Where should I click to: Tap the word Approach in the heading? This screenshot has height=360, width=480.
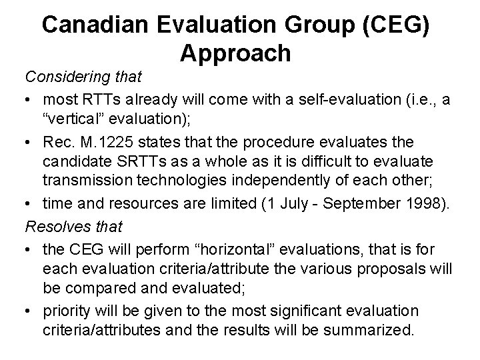[x=235, y=53]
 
